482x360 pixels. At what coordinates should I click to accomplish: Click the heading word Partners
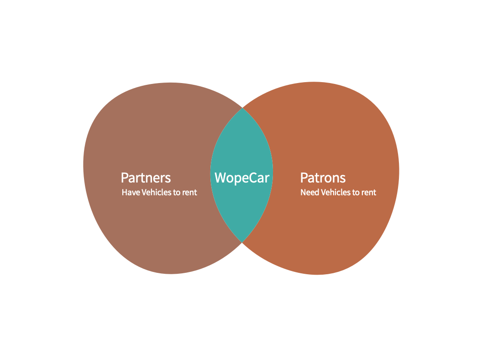coord(146,177)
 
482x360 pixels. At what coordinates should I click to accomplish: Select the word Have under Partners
coord(131,193)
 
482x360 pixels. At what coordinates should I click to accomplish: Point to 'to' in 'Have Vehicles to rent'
coord(176,193)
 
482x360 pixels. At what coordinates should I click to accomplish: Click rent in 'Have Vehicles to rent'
coord(189,193)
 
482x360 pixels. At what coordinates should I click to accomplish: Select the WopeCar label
coord(242,177)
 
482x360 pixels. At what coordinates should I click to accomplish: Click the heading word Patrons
coord(323,177)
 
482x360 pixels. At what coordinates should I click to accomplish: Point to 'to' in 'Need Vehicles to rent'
coord(356,193)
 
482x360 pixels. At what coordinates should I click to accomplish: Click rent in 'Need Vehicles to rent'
coord(369,193)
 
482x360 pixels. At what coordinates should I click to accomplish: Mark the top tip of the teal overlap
coord(242,109)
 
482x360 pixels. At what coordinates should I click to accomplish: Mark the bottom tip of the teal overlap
coord(242,241)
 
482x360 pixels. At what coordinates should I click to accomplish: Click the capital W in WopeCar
coord(220,177)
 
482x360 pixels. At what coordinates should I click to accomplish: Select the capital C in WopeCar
coord(253,177)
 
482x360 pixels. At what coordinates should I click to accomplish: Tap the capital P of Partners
coord(124,177)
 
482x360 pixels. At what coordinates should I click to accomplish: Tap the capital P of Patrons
coord(304,177)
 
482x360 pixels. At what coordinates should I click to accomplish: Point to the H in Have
coord(124,193)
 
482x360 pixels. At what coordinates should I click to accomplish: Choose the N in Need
coord(303,193)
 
